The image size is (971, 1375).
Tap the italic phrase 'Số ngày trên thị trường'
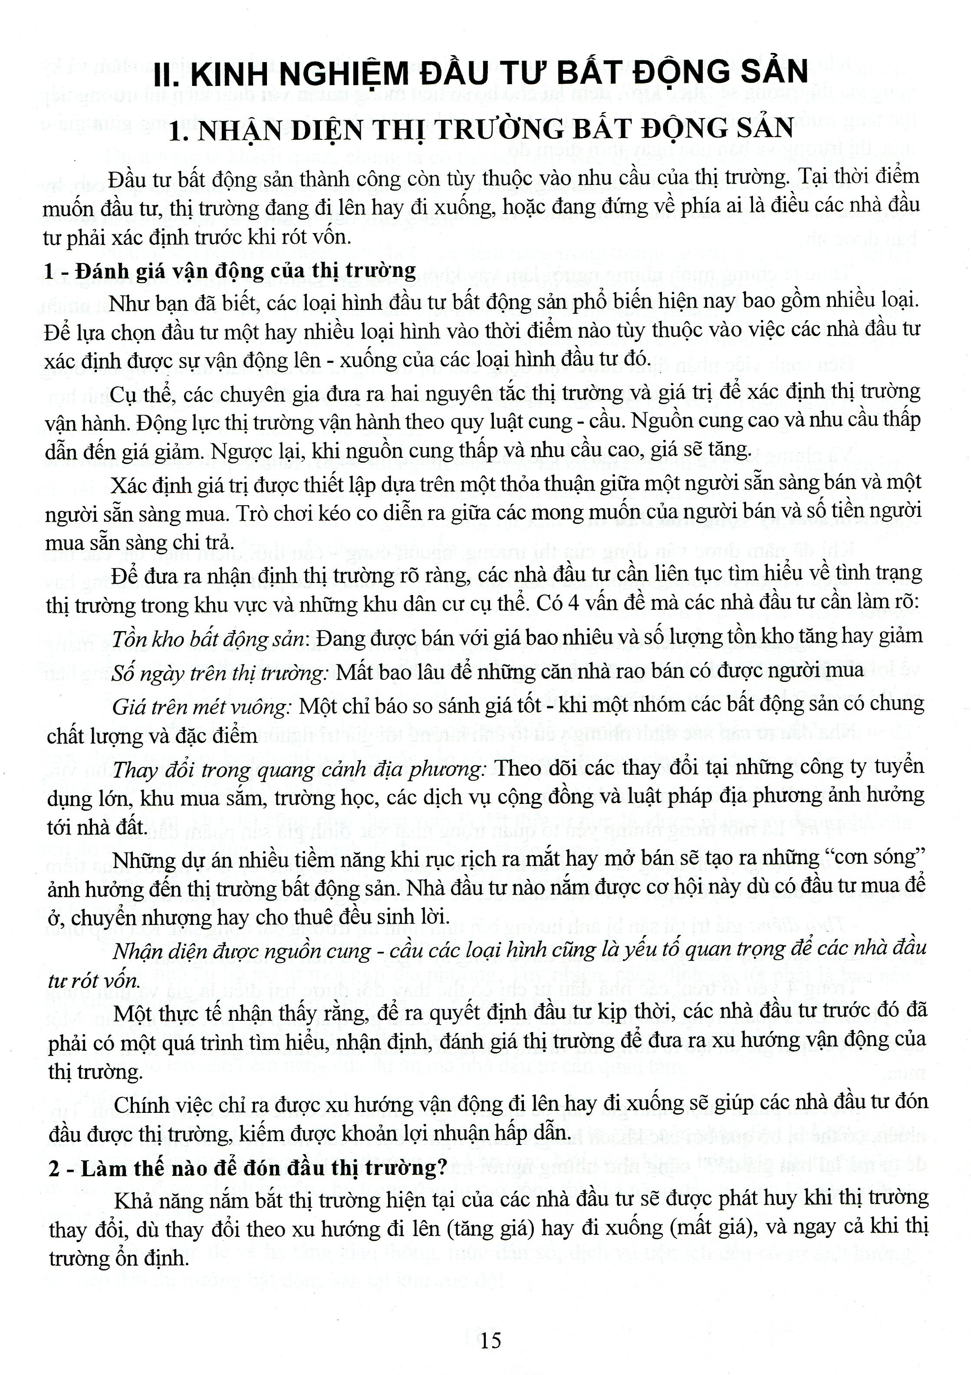tap(219, 673)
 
